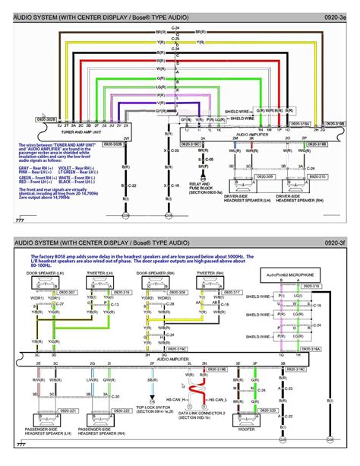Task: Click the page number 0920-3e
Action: (x=338, y=16)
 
